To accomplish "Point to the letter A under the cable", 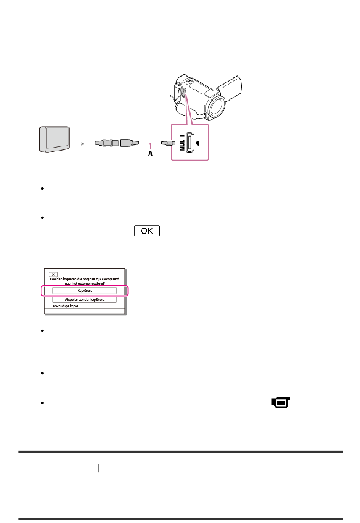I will click(150, 153).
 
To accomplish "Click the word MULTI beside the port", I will click(182, 143).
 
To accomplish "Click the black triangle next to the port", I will click(197, 143).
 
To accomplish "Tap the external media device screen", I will click(57, 138).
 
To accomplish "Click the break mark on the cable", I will click(82, 143).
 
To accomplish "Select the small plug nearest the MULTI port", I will click(167, 143).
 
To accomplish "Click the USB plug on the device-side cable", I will click(105, 143).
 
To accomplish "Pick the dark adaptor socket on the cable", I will click(127, 143).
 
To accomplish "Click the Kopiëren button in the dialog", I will click(85, 291).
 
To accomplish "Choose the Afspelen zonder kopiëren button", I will click(85, 299).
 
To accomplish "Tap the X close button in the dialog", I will click(53, 274).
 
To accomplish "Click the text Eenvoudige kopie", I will click(65, 306).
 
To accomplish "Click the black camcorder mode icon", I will click(281, 403).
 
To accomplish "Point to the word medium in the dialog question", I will click(96, 283).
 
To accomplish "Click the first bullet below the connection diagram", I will click(42, 188).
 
